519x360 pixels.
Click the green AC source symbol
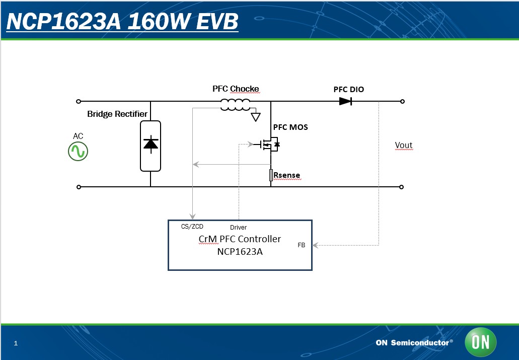tap(78, 152)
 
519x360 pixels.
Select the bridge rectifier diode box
tap(150, 146)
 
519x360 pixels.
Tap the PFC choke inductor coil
tap(235, 105)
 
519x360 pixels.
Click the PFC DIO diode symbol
tap(345, 101)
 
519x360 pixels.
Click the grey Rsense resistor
tap(271, 175)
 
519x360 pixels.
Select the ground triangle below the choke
tap(256, 117)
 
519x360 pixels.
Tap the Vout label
tap(404, 146)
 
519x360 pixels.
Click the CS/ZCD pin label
tap(192, 227)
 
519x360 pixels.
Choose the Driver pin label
tap(238, 228)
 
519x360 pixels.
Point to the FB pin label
tap(302, 245)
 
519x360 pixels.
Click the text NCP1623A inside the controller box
tap(240, 251)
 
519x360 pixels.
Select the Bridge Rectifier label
tap(117, 114)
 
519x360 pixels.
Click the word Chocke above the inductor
tap(245, 89)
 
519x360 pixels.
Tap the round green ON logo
tap(480, 342)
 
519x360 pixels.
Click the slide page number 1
tap(16, 343)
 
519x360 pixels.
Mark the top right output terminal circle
tap(402, 101)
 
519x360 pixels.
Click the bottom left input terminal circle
tap(78, 187)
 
